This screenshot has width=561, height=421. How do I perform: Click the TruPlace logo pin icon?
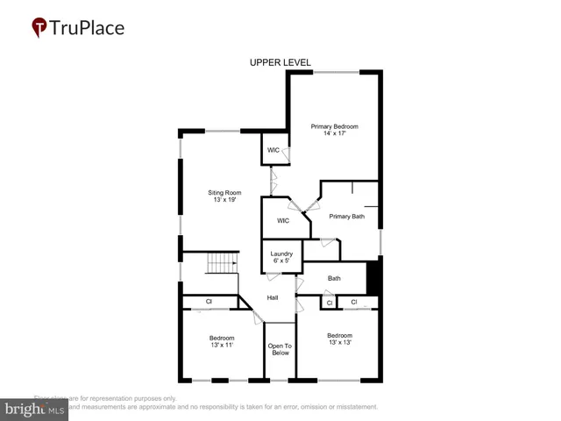pos(40,28)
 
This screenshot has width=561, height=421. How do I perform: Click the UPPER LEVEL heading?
pos(280,62)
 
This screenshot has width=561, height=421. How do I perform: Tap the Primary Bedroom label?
pos(335,126)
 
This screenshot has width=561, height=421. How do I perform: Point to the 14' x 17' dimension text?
pos(335,134)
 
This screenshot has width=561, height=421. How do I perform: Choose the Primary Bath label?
pos(347,217)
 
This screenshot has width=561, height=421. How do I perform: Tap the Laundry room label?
pos(281,253)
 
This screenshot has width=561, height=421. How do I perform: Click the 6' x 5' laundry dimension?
pos(281,260)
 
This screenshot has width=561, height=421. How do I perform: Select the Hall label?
pos(273,298)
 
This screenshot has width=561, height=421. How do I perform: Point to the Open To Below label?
pos(280,349)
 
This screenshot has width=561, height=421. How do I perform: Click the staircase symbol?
pos(223,263)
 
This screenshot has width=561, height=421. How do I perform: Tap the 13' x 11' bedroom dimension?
pos(222,346)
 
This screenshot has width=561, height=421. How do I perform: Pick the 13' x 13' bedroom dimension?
pos(340,343)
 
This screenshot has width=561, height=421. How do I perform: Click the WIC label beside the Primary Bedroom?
pos(273,151)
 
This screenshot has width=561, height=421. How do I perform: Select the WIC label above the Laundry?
pos(283,221)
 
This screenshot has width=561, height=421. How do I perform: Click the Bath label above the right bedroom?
pos(334,279)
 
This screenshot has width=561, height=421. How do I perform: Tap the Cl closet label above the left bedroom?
pos(209,302)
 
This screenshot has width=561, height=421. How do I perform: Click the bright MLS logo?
pos(35,410)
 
